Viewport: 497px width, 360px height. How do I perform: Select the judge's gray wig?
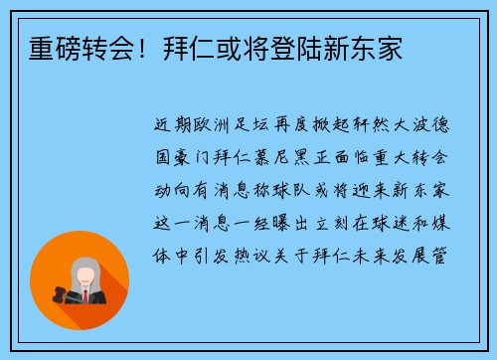pos(84,270)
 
